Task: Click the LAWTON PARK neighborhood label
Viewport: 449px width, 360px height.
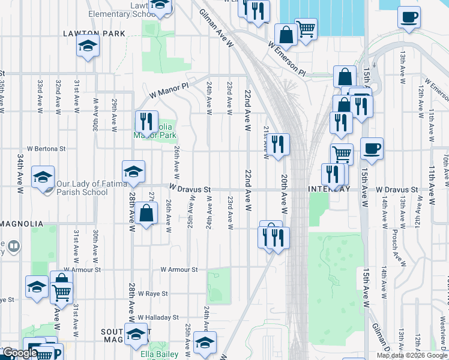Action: click(95, 34)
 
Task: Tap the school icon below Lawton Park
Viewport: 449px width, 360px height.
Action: click(88, 46)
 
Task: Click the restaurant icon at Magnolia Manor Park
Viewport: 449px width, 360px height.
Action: click(146, 122)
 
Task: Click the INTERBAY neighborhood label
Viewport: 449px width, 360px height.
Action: click(328, 189)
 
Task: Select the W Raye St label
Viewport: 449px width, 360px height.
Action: click(151, 293)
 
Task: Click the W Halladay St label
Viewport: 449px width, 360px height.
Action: click(158, 317)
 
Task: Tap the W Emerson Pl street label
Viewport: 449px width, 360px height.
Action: click(287, 59)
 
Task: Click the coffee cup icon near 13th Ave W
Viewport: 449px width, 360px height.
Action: click(409, 17)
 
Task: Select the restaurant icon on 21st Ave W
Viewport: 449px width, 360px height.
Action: click(277, 144)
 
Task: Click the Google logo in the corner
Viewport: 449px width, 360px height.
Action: click(19, 353)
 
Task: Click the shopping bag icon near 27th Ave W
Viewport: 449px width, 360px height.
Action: click(146, 213)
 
